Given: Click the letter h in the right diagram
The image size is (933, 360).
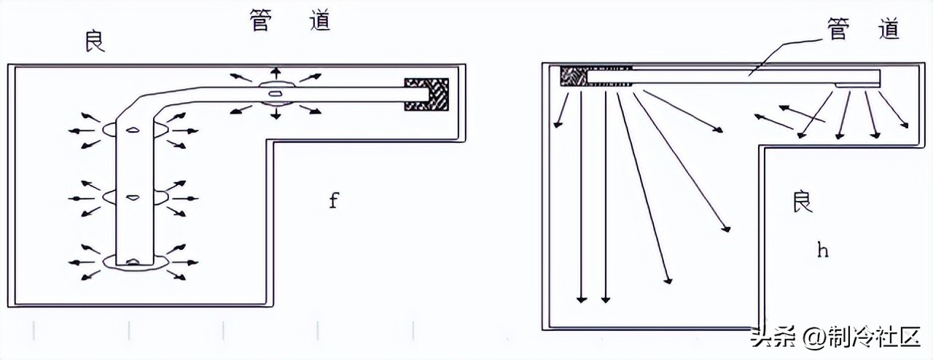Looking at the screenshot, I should click(823, 251).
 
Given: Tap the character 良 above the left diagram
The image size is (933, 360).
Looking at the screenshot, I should click(95, 42).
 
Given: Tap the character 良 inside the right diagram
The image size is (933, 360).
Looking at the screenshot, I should click(802, 202).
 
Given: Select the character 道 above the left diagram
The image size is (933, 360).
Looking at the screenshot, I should click(319, 22).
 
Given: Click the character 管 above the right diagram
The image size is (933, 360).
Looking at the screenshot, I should click(838, 28).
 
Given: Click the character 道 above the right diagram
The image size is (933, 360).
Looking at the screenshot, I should click(889, 28).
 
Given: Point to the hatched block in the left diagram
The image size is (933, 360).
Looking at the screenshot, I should click(426, 94).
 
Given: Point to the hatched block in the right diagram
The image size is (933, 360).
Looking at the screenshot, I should click(574, 76).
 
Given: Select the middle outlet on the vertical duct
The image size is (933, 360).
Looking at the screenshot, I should click(133, 197).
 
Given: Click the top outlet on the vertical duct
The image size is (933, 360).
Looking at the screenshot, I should click(133, 130).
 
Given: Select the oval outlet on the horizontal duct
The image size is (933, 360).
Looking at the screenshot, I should click(276, 93).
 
